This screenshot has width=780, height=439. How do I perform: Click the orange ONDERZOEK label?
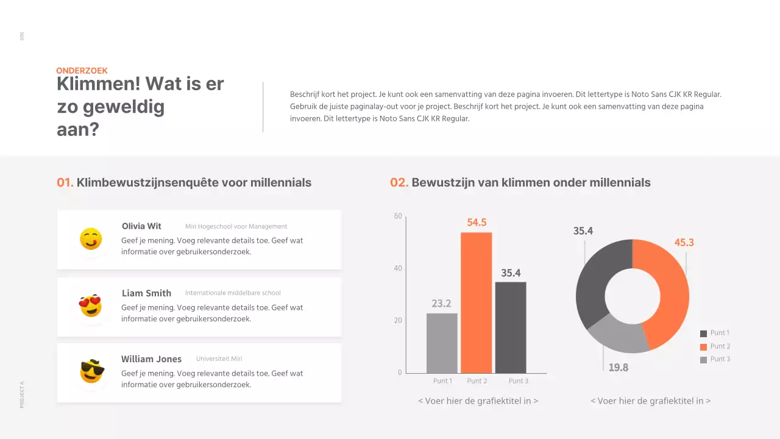[x=82, y=71]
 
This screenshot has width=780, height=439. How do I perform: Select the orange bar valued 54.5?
[x=476, y=302]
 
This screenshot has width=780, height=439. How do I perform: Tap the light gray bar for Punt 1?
[x=442, y=343]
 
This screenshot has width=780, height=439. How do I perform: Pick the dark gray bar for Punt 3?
[x=511, y=327]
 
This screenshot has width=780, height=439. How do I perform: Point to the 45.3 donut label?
[x=684, y=243]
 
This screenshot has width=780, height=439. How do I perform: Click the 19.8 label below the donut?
[x=618, y=368]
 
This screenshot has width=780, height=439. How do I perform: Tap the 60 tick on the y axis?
[x=398, y=216]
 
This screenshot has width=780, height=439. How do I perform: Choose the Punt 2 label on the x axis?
[x=477, y=381]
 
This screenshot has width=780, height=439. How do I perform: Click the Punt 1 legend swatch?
[x=704, y=334]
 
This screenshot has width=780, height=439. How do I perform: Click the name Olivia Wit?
[x=141, y=226]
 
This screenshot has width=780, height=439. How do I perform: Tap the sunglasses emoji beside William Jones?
[x=92, y=371]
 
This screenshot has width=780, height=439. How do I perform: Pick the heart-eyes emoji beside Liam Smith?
[x=91, y=305]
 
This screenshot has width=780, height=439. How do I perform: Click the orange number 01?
[x=65, y=182]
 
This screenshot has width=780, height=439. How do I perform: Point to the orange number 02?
[x=399, y=182]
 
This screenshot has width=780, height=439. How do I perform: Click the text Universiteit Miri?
[x=219, y=359]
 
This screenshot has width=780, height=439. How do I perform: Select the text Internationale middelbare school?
[x=233, y=293]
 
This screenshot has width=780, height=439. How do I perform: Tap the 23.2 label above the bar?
[x=441, y=304]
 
